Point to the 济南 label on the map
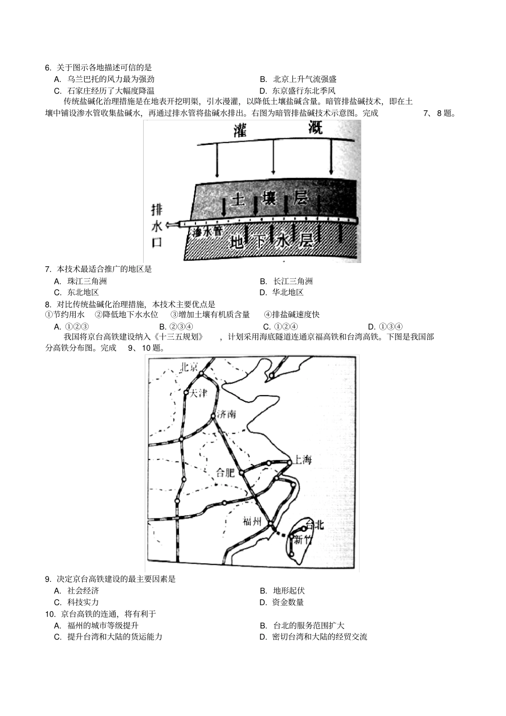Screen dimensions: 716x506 click(x=226, y=414)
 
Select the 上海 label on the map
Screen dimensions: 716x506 click(x=302, y=459)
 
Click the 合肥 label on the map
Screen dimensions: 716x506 click(x=225, y=473)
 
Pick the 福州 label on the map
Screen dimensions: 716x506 click(x=252, y=521)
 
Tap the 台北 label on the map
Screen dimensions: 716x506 click(x=315, y=524)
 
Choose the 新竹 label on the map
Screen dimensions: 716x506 click(x=305, y=540)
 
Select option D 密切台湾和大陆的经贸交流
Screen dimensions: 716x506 click(x=319, y=637)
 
